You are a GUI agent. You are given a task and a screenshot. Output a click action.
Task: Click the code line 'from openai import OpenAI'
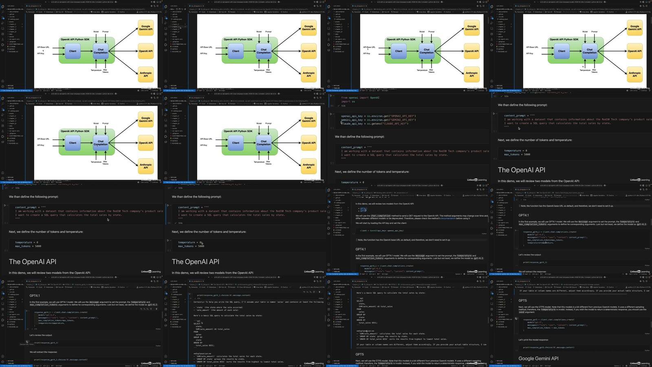pyautogui.click(x=360, y=98)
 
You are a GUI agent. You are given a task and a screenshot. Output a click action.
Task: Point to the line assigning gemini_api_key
pyautogui.click(x=378, y=120)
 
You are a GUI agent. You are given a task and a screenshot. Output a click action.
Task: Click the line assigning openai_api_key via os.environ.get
pyautogui.click(x=378, y=116)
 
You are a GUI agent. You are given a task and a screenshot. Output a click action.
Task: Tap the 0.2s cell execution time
pyautogui.click(x=344, y=106)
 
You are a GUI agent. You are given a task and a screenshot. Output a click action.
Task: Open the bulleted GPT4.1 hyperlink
pyautogui.click(x=363, y=208)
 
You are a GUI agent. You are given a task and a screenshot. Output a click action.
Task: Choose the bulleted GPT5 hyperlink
pyautogui.click(x=363, y=211)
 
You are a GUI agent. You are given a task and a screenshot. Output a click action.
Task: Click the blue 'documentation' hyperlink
pyautogui.click(x=448, y=218)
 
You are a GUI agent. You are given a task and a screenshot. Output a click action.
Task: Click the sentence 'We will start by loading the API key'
pyautogui.click(x=375, y=223)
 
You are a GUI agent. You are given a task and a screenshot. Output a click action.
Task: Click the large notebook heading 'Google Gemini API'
pyautogui.click(x=538, y=358)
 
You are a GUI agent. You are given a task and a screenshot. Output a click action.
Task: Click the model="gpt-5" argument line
pyautogui.click(x=535, y=322)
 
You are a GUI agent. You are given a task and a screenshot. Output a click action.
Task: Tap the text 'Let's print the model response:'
pyautogui.click(x=533, y=340)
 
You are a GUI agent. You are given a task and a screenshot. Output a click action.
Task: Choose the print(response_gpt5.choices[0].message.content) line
pyautogui.click(x=548, y=347)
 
